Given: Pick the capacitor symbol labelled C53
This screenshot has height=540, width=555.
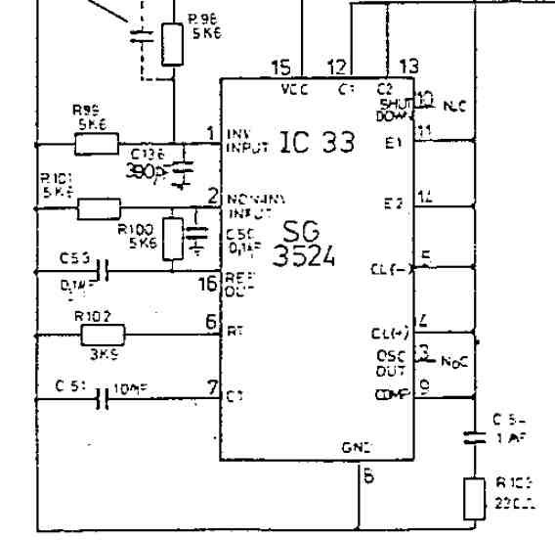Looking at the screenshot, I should coord(102,276).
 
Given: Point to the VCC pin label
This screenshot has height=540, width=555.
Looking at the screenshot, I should coord(294,88).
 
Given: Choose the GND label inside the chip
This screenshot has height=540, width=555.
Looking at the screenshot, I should coord(354,444).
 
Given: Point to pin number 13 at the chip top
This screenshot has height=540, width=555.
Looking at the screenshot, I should coord(408,67).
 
